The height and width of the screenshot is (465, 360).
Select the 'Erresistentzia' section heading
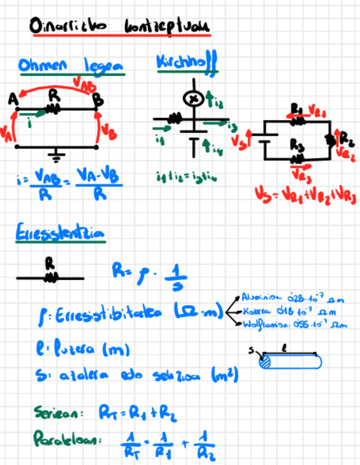60,234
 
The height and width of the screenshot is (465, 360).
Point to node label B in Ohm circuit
98,99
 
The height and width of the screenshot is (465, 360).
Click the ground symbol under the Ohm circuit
55,156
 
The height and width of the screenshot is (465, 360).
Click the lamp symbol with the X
193,99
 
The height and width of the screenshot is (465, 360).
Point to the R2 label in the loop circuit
347,137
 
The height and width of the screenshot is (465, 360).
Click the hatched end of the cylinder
266,362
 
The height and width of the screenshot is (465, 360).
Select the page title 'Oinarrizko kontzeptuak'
121,27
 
